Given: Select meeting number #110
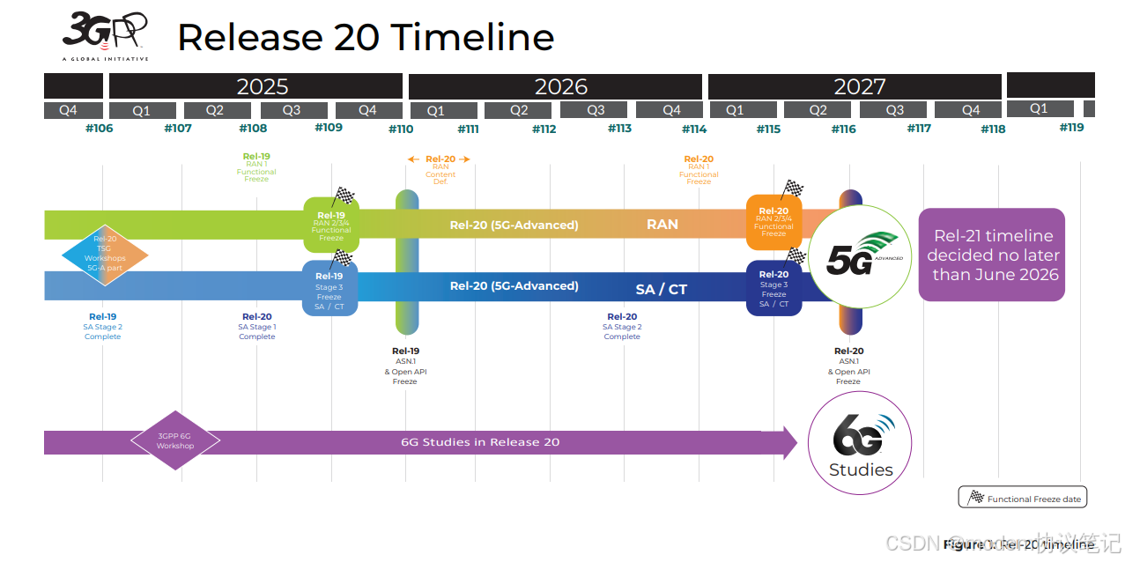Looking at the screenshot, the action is click(x=401, y=129).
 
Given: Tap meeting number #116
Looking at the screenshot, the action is click(x=843, y=129).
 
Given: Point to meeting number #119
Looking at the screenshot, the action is click(x=1071, y=127).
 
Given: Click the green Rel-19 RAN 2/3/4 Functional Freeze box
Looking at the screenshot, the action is click(x=331, y=226).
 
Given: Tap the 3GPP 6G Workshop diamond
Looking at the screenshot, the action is click(x=175, y=440).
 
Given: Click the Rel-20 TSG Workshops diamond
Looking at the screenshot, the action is click(x=105, y=254).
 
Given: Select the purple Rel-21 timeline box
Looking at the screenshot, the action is click(x=992, y=255).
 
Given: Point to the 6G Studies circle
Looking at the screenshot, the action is click(x=860, y=443).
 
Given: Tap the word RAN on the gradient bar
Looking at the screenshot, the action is click(x=662, y=225).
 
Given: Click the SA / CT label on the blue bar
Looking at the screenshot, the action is click(x=661, y=289).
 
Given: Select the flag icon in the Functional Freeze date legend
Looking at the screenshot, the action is click(x=975, y=498).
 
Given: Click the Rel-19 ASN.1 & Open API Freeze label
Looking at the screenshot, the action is click(x=405, y=366).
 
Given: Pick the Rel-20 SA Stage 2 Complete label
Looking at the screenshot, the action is click(x=622, y=327).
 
